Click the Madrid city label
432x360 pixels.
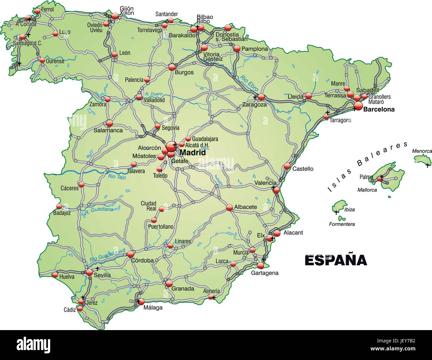click(x=192, y=153)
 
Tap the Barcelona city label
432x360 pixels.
click(x=379, y=109)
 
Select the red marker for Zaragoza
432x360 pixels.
click(x=261, y=97)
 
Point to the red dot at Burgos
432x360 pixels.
click(x=172, y=67)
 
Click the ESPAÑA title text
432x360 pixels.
click(x=336, y=260)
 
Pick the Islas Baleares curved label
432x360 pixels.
click(x=367, y=166)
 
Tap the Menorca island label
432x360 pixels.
click(x=422, y=151)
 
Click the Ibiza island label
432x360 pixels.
click(x=350, y=210)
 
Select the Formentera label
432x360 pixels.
click(x=342, y=224)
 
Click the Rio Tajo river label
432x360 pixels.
click(x=117, y=176)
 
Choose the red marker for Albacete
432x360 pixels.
click(x=230, y=207)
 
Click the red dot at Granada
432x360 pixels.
click(x=169, y=284)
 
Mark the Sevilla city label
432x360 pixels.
click(x=102, y=275)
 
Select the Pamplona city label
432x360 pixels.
click(x=255, y=49)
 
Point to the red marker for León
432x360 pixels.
click(x=115, y=55)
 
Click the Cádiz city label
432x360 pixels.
click(x=70, y=310)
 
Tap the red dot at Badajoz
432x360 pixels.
click(x=59, y=206)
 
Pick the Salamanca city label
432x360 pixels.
click(x=108, y=130)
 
